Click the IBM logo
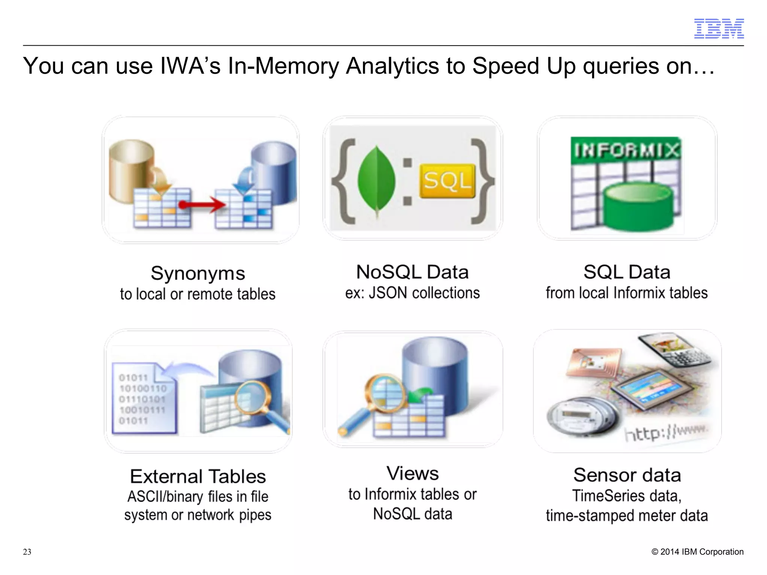point(719,28)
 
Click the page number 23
point(27,552)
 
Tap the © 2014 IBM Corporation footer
point(697,552)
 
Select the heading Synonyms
point(198,273)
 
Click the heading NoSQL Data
point(412,272)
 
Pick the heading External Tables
point(198,477)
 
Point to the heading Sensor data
point(627,475)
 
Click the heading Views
point(412,474)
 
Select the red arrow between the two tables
point(202,205)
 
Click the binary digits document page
point(142,399)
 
